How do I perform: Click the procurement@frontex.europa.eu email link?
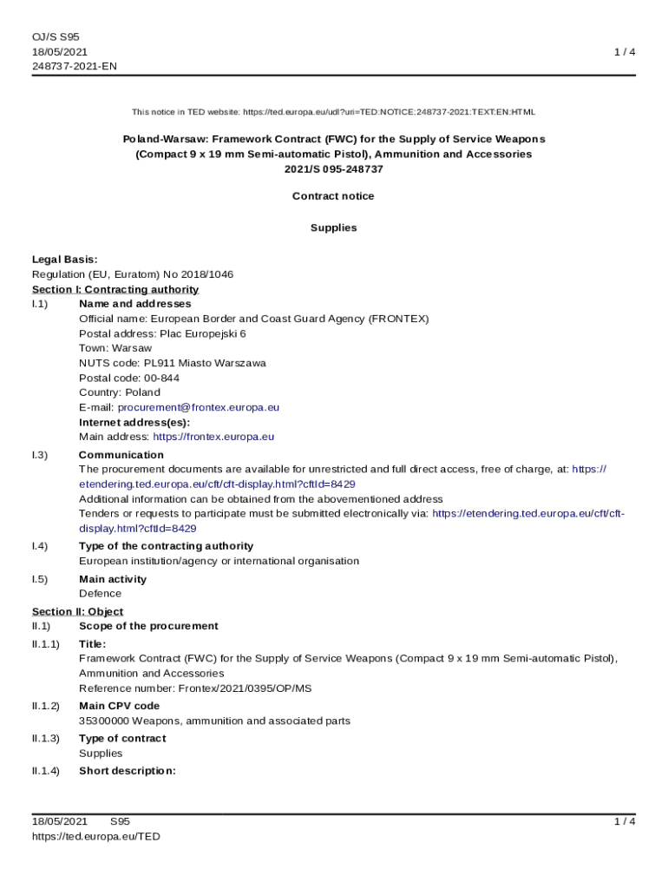coord(199,407)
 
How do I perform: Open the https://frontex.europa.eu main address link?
coord(213,437)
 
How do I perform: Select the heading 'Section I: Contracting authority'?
coord(115,289)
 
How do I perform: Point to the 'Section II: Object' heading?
coord(77,611)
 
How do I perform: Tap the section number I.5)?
coord(40,579)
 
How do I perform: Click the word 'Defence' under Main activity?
coord(100,594)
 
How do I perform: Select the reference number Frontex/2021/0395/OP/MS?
coord(245,688)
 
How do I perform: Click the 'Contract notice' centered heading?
coord(333,196)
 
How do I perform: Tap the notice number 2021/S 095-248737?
coord(333,169)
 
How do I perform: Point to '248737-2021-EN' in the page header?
coord(75,66)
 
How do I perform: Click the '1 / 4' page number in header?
coord(625,52)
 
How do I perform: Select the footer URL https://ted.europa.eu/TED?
coord(96,837)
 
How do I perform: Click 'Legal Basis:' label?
coord(64,259)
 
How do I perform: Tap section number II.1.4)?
coord(46,770)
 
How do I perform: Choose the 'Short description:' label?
coord(128,770)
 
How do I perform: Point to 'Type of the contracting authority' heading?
coord(166,546)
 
